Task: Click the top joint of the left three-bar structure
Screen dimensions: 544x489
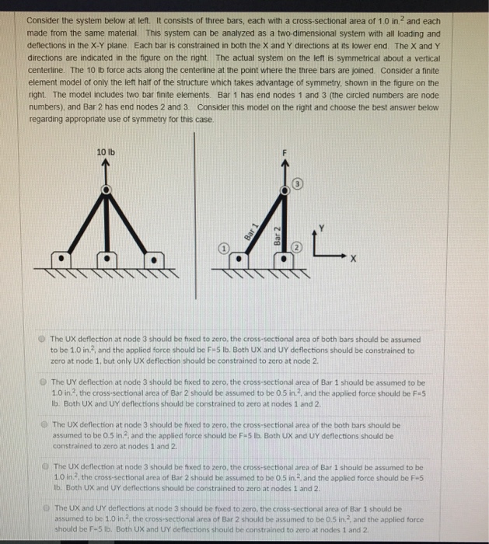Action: (x=106, y=191)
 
